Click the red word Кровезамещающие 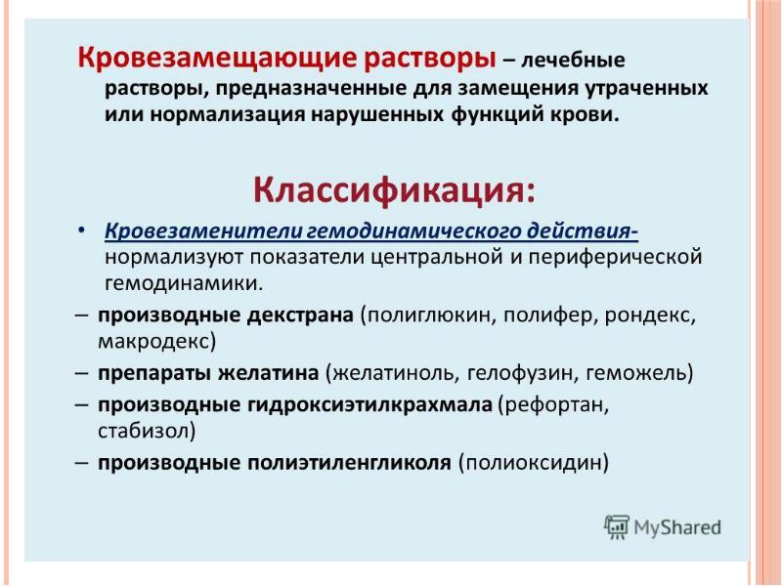(x=215, y=60)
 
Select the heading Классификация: (x=395, y=190)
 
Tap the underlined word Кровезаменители (x=204, y=232)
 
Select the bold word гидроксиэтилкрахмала (x=370, y=405)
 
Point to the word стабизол (x=143, y=431)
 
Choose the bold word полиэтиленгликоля (x=350, y=463)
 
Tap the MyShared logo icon (x=617, y=527)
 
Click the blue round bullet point (x=82, y=231)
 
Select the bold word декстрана (x=300, y=315)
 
